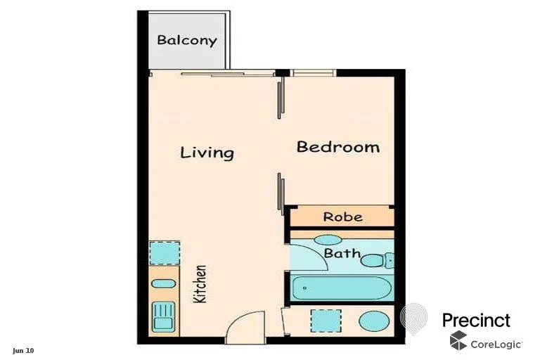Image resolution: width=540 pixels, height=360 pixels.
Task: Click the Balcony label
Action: tap(186, 40)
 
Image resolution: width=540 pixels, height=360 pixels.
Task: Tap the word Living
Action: tap(207, 152)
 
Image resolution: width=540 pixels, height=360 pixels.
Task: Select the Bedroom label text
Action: tap(337, 147)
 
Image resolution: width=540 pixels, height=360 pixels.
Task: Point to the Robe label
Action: tap(343, 217)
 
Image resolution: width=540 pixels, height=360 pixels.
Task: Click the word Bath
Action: tap(342, 253)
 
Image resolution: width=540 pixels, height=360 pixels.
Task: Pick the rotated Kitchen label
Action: tap(200, 283)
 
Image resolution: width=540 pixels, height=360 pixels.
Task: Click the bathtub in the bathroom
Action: tap(342, 287)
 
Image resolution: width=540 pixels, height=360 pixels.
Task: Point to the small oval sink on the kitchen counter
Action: tap(164, 283)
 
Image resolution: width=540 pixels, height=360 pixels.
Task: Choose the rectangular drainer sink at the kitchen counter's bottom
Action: tap(163, 316)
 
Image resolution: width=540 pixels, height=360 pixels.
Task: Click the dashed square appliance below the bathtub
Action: tap(326, 320)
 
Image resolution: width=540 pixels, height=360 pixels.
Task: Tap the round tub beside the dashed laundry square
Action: tap(373, 321)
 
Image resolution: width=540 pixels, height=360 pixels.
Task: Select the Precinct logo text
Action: tap(476, 320)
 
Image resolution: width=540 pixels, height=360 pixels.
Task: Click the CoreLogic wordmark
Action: tap(496, 344)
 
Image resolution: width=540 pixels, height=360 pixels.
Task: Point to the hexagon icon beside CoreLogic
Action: tap(458, 341)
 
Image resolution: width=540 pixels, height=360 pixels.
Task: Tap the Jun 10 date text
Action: tap(23, 349)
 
